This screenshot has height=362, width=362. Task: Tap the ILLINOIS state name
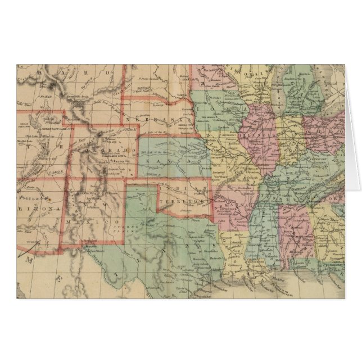click(x=257, y=135)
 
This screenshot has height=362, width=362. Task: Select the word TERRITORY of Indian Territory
click(x=180, y=201)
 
